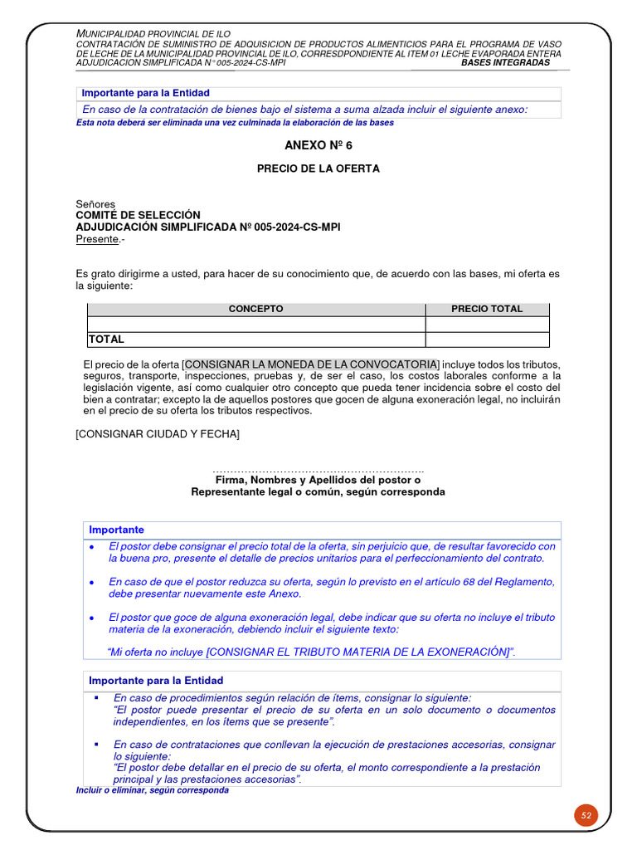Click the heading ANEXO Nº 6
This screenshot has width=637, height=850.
[x=318, y=145]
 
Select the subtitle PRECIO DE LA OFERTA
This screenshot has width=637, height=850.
[x=318, y=169]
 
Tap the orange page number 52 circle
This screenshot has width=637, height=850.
[x=586, y=815]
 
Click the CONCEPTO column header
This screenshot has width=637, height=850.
[x=255, y=309]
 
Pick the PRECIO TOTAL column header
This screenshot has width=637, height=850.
[x=487, y=309]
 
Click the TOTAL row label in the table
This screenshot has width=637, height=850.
[x=106, y=340]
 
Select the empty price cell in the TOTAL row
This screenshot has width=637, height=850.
[x=487, y=340]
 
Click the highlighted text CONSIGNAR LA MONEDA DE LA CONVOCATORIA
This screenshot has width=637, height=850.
[x=311, y=364]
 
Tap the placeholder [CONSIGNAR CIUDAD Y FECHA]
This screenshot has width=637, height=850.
[x=158, y=434]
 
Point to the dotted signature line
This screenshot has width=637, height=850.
[x=318, y=471]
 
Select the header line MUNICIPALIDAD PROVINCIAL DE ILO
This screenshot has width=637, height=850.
[x=153, y=33]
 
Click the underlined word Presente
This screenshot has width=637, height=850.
[x=97, y=240]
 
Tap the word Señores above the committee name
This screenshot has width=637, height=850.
[x=95, y=204]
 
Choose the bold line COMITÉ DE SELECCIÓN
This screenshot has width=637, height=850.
[x=139, y=215]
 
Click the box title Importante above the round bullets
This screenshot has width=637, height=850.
[x=116, y=530]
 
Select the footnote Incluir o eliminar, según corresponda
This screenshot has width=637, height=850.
[x=152, y=791]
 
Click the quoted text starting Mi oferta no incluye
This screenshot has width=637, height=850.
[x=312, y=652]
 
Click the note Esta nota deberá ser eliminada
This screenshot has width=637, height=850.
[x=235, y=123]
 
